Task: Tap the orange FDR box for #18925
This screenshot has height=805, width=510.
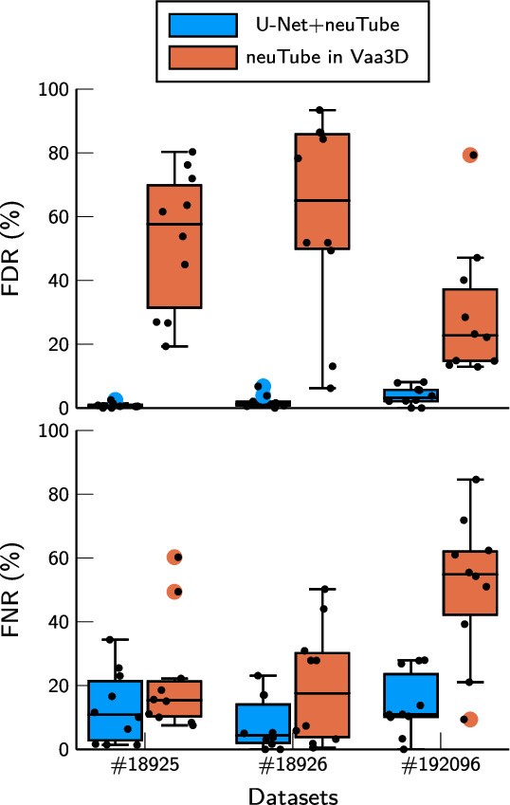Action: click(174, 247)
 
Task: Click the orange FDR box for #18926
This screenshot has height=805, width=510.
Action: click(323, 191)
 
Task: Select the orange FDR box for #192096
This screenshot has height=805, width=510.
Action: click(471, 325)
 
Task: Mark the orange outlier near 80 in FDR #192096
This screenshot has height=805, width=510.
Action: click(470, 155)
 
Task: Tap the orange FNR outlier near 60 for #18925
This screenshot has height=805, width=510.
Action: click(174, 557)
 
